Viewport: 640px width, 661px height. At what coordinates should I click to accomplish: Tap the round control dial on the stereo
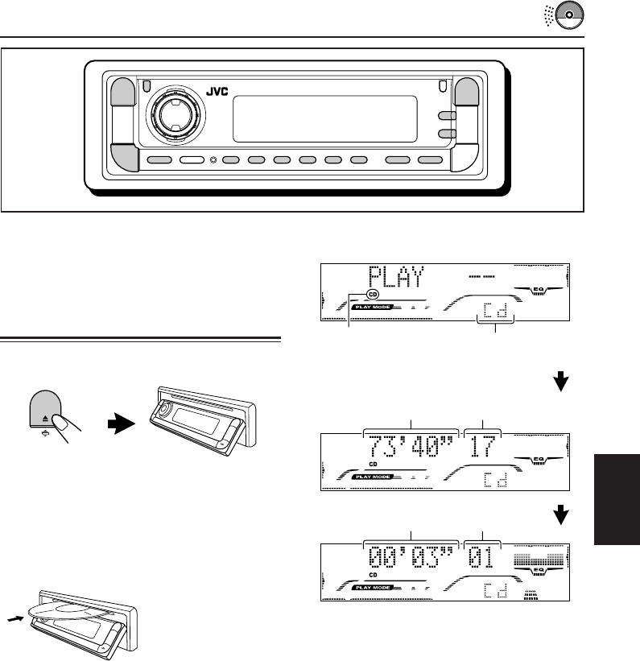pos(173,114)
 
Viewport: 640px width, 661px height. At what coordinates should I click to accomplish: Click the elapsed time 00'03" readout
pos(411,556)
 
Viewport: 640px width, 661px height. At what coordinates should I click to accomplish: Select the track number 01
pos(482,556)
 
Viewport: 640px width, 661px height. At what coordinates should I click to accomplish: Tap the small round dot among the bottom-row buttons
pos(213,160)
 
